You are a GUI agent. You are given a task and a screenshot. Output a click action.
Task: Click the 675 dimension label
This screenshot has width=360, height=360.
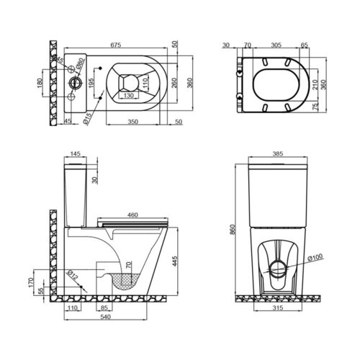pyautogui.click(x=116, y=45)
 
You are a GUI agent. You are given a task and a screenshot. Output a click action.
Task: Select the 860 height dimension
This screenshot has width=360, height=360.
pyautogui.click(x=232, y=230)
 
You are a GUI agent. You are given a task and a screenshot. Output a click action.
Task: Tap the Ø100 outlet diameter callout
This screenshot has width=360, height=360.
pyautogui.click(x=315, y=257)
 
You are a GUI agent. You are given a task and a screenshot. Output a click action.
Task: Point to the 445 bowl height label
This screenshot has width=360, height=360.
pyautogui.click(x=175, y=261)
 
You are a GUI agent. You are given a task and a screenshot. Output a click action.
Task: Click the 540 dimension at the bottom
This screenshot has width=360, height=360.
pyautogui.click(x=105, y=317)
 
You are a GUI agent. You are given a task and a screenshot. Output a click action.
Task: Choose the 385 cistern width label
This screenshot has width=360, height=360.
pyautogui.click(x=278, y=153)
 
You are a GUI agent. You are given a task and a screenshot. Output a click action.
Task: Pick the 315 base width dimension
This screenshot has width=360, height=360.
pyautogui.click(x=278, y=307)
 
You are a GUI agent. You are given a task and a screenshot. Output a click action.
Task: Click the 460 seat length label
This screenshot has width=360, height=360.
pyautogui.click(x=132, y=215)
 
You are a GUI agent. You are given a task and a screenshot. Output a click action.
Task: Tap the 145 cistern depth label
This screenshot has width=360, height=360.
pyautogui.click(x=75, y=153)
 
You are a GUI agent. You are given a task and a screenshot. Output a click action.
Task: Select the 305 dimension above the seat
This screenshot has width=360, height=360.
pyautogui.click(x=276, y=45)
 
